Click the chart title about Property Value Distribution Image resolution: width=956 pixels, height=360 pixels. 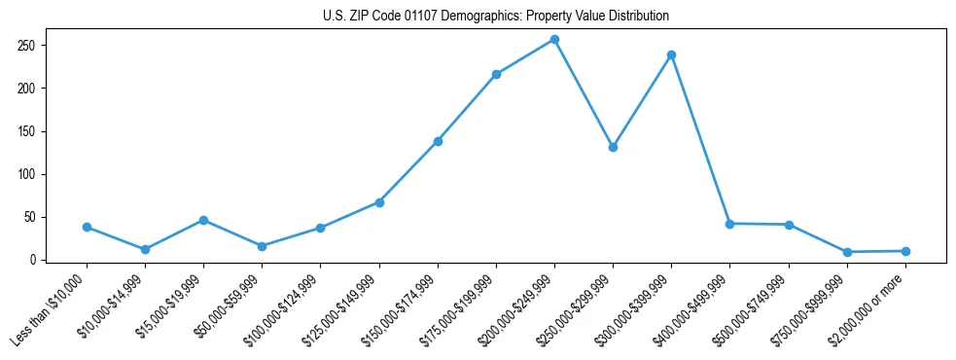pos(495,17)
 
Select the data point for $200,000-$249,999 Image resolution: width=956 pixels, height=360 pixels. pos(554,39)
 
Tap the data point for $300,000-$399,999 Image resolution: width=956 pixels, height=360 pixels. pos(671,54)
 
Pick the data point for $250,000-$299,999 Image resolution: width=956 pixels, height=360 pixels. pos(613,147)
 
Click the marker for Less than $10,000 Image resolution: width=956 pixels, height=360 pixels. pos(87,227)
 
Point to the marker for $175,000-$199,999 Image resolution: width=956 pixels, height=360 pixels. pos(496,74)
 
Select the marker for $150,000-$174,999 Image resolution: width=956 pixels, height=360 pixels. pos(438,141)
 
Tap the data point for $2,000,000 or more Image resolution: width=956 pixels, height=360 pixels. pos(905,251)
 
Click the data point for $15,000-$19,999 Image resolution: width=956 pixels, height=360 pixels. pos(203,220)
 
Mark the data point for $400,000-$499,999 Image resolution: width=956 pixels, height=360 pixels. pos(729,224)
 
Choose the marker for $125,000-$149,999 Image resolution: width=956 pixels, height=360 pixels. pos(379,202)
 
